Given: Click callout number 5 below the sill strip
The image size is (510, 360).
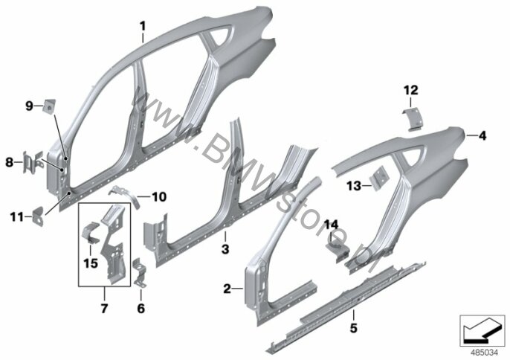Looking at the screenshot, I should coord(353,326).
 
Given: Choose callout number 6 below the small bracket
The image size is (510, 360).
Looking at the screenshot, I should coord(141,307).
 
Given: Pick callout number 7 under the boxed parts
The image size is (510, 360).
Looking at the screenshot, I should coord(103,307).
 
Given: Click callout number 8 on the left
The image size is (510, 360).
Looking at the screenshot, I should coord(9,161).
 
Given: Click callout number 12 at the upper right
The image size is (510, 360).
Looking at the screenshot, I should coord(407,90).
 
